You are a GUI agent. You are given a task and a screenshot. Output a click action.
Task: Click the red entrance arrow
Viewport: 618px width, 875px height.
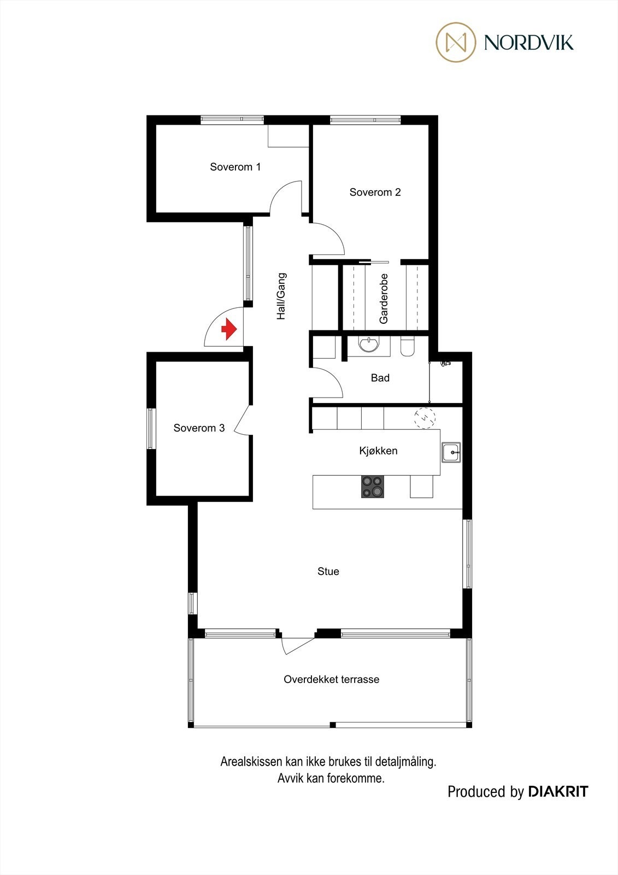click(228, 330)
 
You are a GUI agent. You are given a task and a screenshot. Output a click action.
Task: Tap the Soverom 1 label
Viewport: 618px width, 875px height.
click(235, 167)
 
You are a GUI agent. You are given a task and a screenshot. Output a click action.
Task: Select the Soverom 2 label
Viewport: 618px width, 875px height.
click(375, 192)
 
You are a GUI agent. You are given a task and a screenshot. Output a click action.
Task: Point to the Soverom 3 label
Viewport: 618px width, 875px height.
click(199, 428)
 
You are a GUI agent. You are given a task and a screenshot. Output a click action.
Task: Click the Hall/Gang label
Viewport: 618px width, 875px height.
click(281, 296)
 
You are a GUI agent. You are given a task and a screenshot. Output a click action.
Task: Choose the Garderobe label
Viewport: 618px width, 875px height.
click(384, 298)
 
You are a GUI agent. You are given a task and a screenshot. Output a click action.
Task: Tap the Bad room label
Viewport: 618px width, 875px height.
click(380, 377)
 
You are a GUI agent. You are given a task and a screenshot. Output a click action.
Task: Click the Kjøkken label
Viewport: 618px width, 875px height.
click(378, 451)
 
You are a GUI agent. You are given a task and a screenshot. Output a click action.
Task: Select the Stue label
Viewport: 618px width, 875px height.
click(328, 571)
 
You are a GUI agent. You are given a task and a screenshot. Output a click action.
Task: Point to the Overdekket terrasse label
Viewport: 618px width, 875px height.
click(331, 679)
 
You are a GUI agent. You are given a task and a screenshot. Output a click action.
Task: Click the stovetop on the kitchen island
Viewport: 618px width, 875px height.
click(372, 486)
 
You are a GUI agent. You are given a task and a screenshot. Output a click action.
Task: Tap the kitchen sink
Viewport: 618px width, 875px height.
click(451, 452)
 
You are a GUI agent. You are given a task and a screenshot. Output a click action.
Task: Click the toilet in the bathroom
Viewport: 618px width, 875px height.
click(408, 347)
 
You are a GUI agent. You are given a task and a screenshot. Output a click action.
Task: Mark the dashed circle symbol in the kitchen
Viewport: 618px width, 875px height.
click(425, 418)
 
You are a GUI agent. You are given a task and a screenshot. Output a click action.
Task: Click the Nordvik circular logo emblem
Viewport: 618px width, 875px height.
click(456, 42)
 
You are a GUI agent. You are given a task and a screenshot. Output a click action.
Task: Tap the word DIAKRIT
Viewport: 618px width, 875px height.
click(558, 791)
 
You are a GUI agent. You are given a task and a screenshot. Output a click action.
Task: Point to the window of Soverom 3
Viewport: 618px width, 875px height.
click(151, 429)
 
